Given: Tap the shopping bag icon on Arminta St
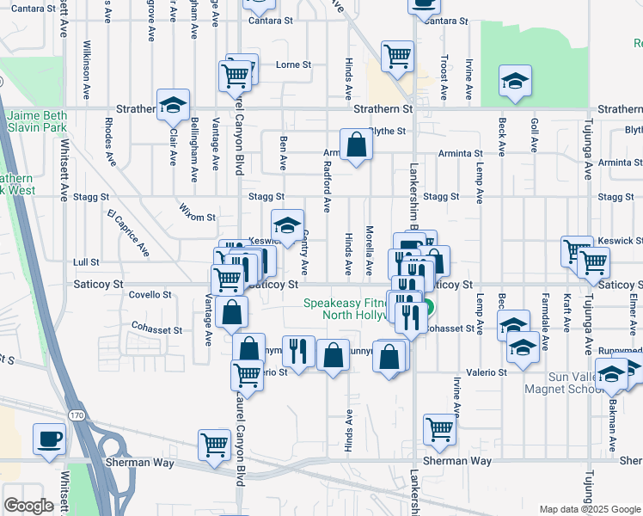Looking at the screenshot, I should (355, 146).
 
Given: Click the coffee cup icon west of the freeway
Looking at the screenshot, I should (49, 439).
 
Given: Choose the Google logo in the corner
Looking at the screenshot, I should (28, 506).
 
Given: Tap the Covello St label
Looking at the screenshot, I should (150, 294).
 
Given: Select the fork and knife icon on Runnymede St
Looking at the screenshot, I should (298, 351).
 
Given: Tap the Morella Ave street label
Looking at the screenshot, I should (369, 245).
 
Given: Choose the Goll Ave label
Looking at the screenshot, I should (534, 131).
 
